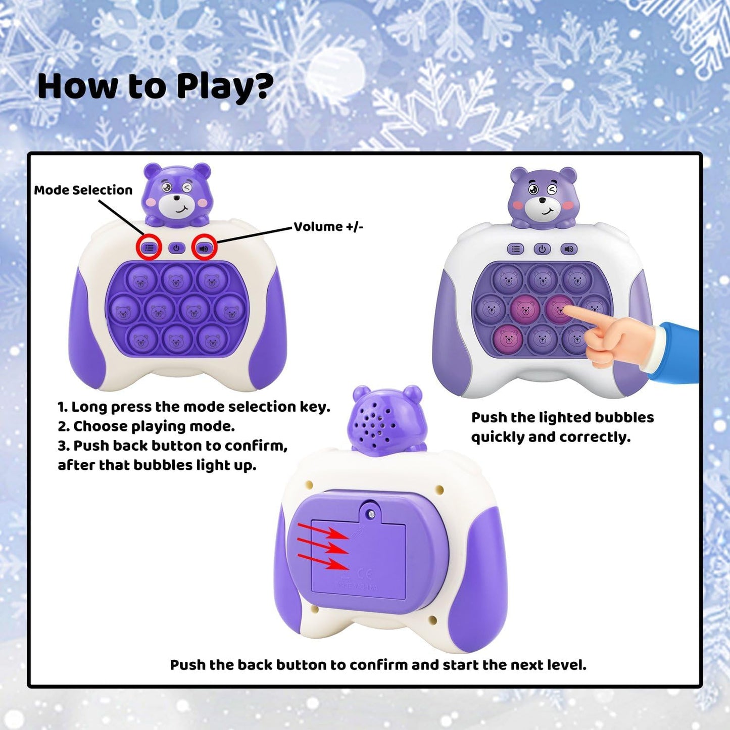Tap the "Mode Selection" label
[x=83, y=190]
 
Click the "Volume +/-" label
[x=328, y=226]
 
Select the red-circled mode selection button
[x=149, y=248]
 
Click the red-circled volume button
[x=204, y=248]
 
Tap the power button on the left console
[x=176, y=248]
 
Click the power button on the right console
[x=542, y=249]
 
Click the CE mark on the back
[x=364, y=573]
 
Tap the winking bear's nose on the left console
[x=176, y=199]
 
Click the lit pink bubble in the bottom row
[x=507, y=338]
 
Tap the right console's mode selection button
[x=515, y=249]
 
